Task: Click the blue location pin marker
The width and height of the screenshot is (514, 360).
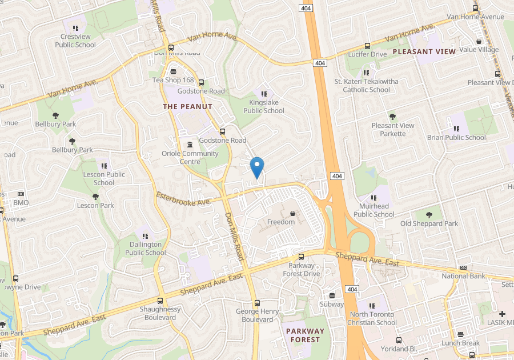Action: pos(257,166)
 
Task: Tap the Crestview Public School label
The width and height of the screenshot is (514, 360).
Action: pos(75,41)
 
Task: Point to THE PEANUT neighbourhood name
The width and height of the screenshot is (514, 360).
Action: pos(187,107)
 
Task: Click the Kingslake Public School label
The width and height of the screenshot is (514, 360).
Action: pos(263,107)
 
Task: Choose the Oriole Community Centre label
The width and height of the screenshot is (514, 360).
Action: pos(190,157)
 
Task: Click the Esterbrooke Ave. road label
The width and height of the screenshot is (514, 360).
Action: pos(184,199)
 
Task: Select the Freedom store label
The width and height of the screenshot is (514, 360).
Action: pos(281,222)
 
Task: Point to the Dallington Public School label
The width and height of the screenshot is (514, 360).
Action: pos(146,249)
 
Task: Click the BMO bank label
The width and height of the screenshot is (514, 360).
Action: pos(21,203)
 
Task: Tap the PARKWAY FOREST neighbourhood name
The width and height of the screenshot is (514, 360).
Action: pos(305,335)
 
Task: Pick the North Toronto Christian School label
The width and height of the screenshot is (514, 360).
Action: pos(373,318)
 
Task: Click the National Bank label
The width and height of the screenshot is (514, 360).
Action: pos(463,276)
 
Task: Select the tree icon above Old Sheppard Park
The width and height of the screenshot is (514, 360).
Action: pos(429,214)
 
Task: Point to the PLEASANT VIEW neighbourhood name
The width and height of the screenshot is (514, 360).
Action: pos(424,52)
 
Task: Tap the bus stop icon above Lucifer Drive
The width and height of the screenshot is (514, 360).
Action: pos(367,46)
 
